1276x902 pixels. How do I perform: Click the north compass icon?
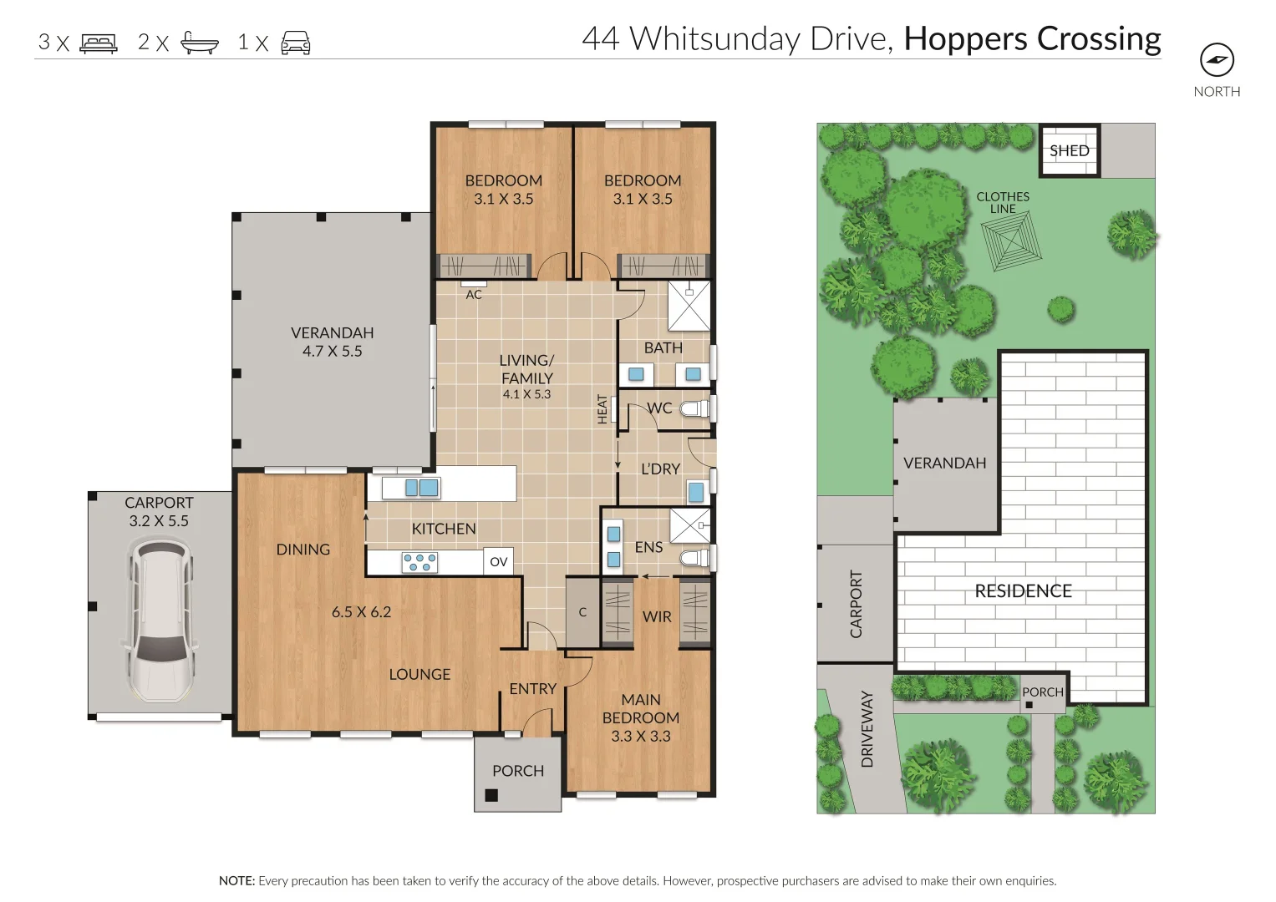click(1217, 60)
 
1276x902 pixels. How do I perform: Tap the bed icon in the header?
click(99, 43)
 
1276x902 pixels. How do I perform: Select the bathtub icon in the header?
click(200, 43)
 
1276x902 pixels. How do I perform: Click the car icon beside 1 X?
click(296, 43)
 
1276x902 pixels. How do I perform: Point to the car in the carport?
click(160, 620)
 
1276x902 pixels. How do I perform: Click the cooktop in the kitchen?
click(419, 562)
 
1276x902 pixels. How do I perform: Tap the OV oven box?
click(499, 562)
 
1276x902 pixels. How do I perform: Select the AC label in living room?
click(474, 294)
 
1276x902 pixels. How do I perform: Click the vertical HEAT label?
click(602, 409)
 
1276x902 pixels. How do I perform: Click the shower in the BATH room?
click(689, 306)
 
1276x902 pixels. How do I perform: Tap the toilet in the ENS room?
click(694, 557)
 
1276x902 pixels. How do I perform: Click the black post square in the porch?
click(491, 795)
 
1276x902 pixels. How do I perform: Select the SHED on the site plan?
click(1069, 150)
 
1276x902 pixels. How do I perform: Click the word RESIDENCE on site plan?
click(1023, 591)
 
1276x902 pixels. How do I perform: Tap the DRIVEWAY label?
click(867, 728)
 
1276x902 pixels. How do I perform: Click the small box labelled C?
click(582, 612)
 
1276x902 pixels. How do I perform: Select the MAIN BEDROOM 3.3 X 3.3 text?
click(641, 717)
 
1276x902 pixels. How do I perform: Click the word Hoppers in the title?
click(966, 39)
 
